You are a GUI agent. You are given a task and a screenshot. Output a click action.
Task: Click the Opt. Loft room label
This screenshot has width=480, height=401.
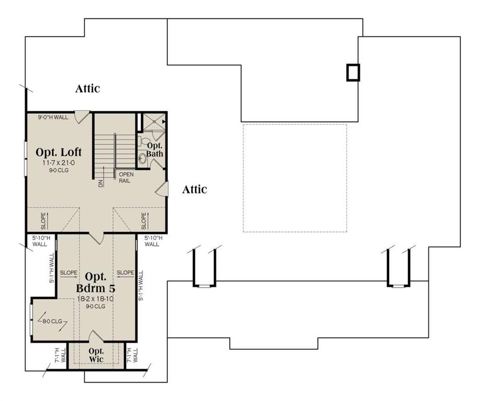58,152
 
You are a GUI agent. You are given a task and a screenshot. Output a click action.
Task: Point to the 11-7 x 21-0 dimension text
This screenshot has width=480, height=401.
58,163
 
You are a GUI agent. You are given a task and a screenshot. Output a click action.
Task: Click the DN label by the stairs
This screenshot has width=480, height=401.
99,183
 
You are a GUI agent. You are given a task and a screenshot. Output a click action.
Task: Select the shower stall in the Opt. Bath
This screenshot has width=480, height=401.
154,122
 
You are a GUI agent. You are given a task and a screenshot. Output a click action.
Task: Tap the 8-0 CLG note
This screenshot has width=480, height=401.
51,321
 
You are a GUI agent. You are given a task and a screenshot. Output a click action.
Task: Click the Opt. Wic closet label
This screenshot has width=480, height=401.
96,355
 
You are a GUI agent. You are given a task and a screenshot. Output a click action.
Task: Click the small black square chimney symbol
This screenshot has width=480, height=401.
354,72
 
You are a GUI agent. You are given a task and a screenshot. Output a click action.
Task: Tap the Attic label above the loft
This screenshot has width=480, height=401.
87,88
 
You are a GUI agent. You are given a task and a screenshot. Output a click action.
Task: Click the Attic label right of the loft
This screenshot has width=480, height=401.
194,190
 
